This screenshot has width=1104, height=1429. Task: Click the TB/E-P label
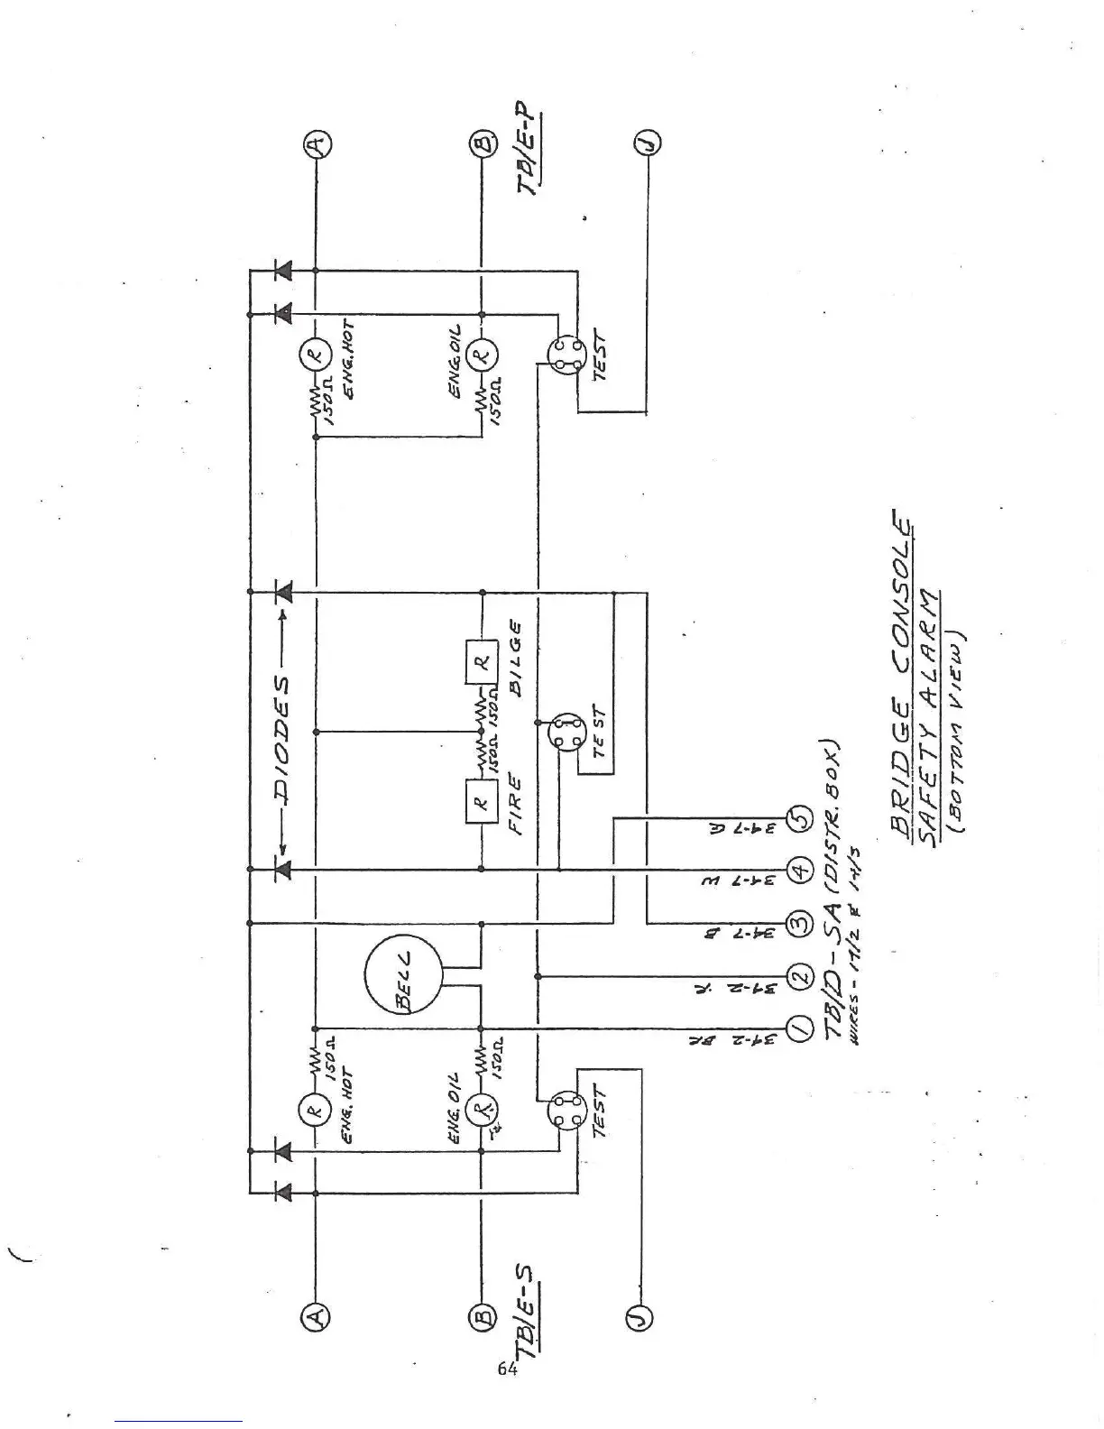point(529,151)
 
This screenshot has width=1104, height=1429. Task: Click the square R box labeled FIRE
point(481,801)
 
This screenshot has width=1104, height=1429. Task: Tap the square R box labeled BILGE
point(481,661)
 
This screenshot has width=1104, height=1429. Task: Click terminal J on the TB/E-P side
point(648,143)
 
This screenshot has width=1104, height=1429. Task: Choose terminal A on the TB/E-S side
point(316,1318)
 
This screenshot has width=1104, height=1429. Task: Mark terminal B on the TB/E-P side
point(481,143)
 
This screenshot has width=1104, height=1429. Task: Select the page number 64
point(508,1369)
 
